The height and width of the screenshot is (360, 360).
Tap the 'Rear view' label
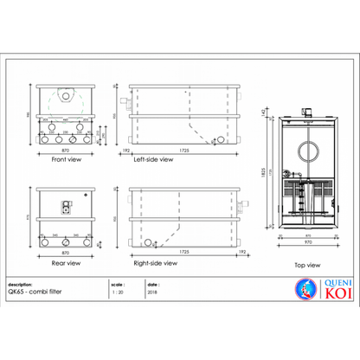point(66,262)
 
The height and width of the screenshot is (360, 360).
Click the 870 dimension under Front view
point(65,151)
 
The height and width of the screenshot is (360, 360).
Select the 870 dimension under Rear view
point(66,253)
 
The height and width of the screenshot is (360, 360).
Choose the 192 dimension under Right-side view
point(243,253)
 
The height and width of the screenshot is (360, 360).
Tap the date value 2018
point(153,292)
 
